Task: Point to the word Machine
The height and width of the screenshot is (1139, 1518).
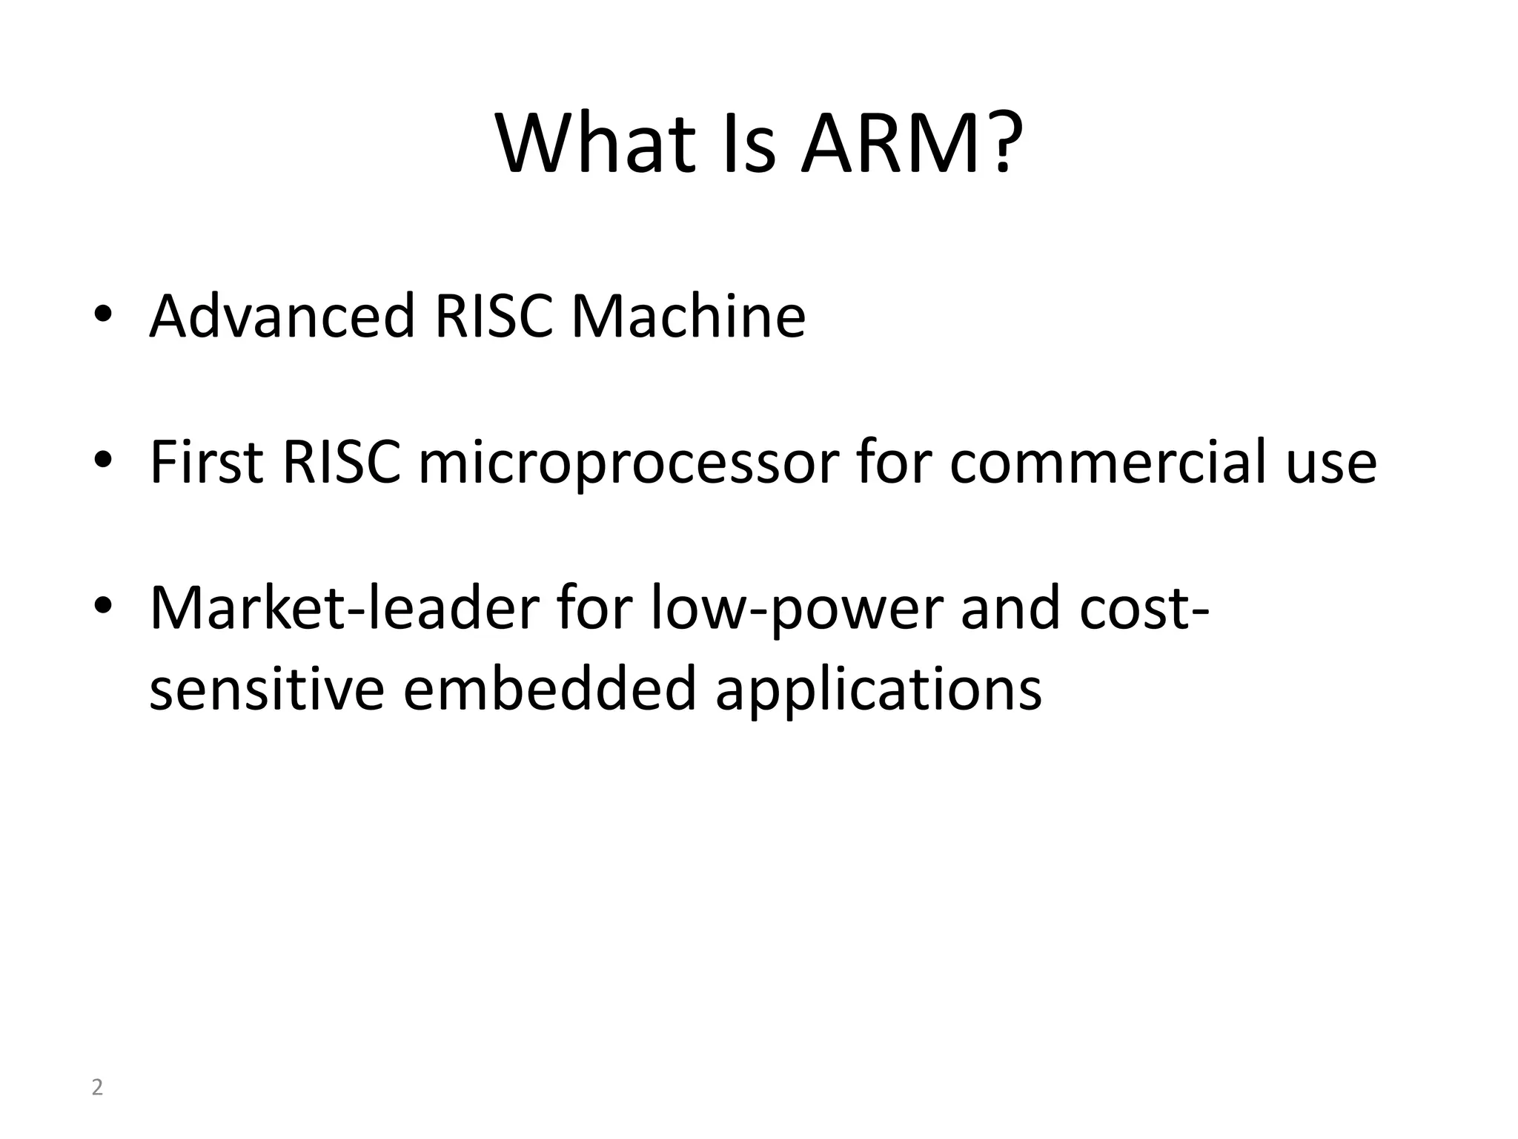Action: point(688,317)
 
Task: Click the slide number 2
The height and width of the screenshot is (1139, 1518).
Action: point(97,1088)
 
